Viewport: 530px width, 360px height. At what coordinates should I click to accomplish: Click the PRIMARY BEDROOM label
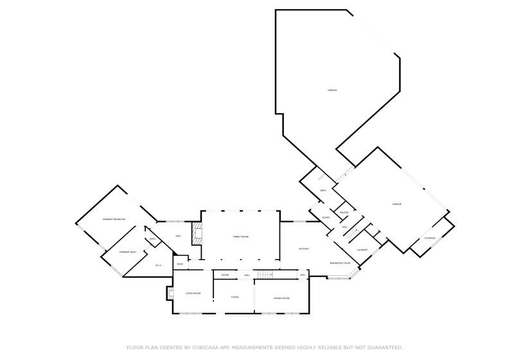pyautogui.click(x=114, y=220)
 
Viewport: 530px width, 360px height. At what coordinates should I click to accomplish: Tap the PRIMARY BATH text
pyautogui.click(x=128, y=252)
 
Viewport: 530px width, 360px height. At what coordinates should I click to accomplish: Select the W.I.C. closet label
pyautogui.click(x=158, y=265)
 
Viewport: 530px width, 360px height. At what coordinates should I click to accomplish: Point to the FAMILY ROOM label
pyautogui.click(x=240, y=237)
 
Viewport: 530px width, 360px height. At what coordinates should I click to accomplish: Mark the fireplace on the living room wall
pyautogui.click(x=170, y=293)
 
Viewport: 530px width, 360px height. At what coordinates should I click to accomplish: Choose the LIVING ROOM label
pyautogui.click(x=193, y=293)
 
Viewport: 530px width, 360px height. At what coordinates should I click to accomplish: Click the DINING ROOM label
pyautogui.click(x=281, y=298)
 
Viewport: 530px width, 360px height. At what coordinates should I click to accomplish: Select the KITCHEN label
pyautogui.click(x=304, y=249)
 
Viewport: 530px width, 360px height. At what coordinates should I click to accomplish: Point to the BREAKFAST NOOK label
pyautogui.click(x=340, y=263)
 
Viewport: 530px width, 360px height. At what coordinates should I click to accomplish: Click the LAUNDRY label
pyautogui.click(x=362, y=250)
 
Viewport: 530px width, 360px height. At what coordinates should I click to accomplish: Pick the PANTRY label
pyautogui.click(x=344, y=213)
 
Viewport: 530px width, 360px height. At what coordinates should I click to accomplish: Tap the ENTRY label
pyautogui.click(x=326, y=218)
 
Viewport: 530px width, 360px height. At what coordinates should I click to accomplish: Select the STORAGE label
pyautogui.click(x=430, y=239)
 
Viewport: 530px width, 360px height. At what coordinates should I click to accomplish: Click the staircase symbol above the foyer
pyautogui.click(x=265, y=275)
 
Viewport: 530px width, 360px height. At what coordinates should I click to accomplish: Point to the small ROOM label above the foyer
pyautogui.click(x=225, y=275)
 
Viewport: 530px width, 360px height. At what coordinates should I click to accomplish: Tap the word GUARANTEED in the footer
pyautogui.click(x=383, y=347)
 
